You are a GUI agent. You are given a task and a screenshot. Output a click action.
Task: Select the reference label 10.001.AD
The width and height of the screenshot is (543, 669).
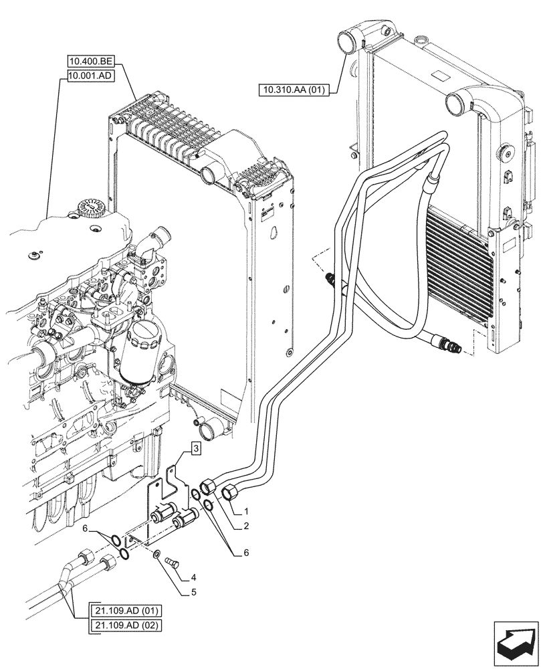click(91, 77)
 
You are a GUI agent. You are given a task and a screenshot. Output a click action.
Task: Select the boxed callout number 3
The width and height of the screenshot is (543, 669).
click(194, 448)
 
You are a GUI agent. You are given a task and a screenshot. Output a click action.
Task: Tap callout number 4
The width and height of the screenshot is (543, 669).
click(193, 577)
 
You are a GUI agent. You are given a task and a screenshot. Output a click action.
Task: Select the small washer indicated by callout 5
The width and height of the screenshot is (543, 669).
click(156, 554)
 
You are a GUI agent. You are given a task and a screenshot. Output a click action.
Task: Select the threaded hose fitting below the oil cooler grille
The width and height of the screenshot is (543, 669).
click(447, 345)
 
